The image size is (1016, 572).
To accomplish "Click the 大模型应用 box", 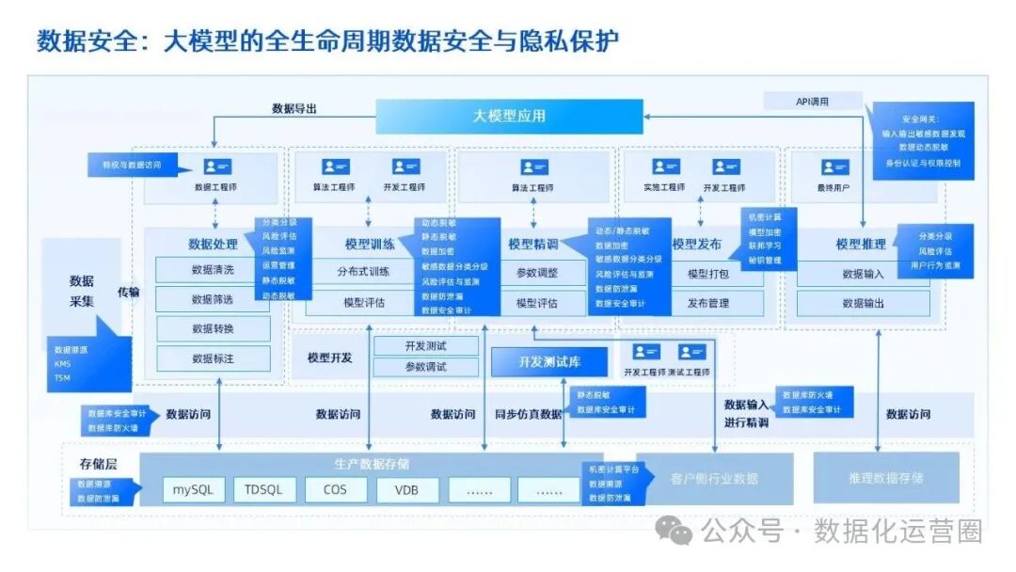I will click(509, 117).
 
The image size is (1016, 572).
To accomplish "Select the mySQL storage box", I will click(194, 490).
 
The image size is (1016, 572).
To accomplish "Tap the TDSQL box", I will click(264, 490).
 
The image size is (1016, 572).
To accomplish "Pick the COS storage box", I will click(335, 490).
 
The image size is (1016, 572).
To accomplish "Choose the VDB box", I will click(406, 490).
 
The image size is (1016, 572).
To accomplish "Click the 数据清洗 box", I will click(213, 271).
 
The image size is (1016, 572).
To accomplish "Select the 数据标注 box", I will click(213, 358).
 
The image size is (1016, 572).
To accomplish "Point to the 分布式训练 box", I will click(364, 273).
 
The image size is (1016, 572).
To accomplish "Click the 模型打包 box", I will click(708, 274).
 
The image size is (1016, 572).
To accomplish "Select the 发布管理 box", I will click(708, 304).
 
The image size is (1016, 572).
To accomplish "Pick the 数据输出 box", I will click(863, 304).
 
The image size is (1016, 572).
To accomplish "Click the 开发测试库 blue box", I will click(549, 362).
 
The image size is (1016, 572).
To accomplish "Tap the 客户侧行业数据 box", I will click(715, 478).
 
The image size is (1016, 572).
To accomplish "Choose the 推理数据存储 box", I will click(885, 478).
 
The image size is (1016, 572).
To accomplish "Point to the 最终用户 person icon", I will click(834, 167).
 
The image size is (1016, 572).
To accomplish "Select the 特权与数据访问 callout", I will click(127, 166).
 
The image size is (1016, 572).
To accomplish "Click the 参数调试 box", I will click(426, 368).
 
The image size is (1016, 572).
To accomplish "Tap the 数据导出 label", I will click(294, 109).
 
